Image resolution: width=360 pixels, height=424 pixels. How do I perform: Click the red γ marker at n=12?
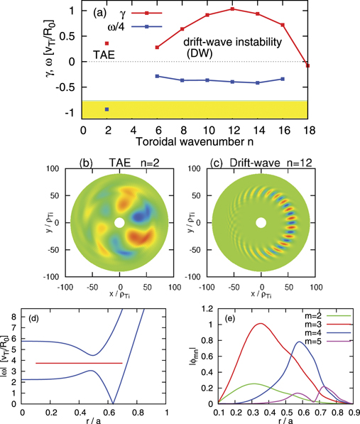pyautogui.click(x=232, y=9)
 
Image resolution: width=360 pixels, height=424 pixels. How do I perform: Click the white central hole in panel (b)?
pyautogui.click(x=119, y=223)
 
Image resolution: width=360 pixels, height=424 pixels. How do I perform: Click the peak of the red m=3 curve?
pyautogui.click(x=240, y=324)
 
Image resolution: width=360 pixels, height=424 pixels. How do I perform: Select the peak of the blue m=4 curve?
pyautogui.click(x=278, y=342)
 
